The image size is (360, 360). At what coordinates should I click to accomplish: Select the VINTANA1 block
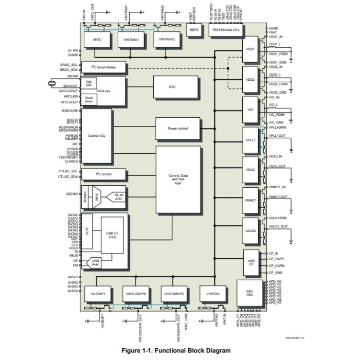click(132, 40)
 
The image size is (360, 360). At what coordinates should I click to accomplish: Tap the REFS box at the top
click(194, 30)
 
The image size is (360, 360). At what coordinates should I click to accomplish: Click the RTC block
click(172, 87)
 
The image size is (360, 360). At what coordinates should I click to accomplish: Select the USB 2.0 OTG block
click(113, 236)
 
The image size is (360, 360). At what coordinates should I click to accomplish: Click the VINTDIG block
click(213, 293)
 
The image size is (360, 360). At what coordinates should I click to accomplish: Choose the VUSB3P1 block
click(98, 293)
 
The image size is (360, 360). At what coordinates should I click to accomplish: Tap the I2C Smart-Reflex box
click(103, 67)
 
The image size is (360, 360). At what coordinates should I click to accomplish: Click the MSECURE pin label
click(69, 111)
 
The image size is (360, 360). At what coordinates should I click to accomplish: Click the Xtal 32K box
click(89, 83)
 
